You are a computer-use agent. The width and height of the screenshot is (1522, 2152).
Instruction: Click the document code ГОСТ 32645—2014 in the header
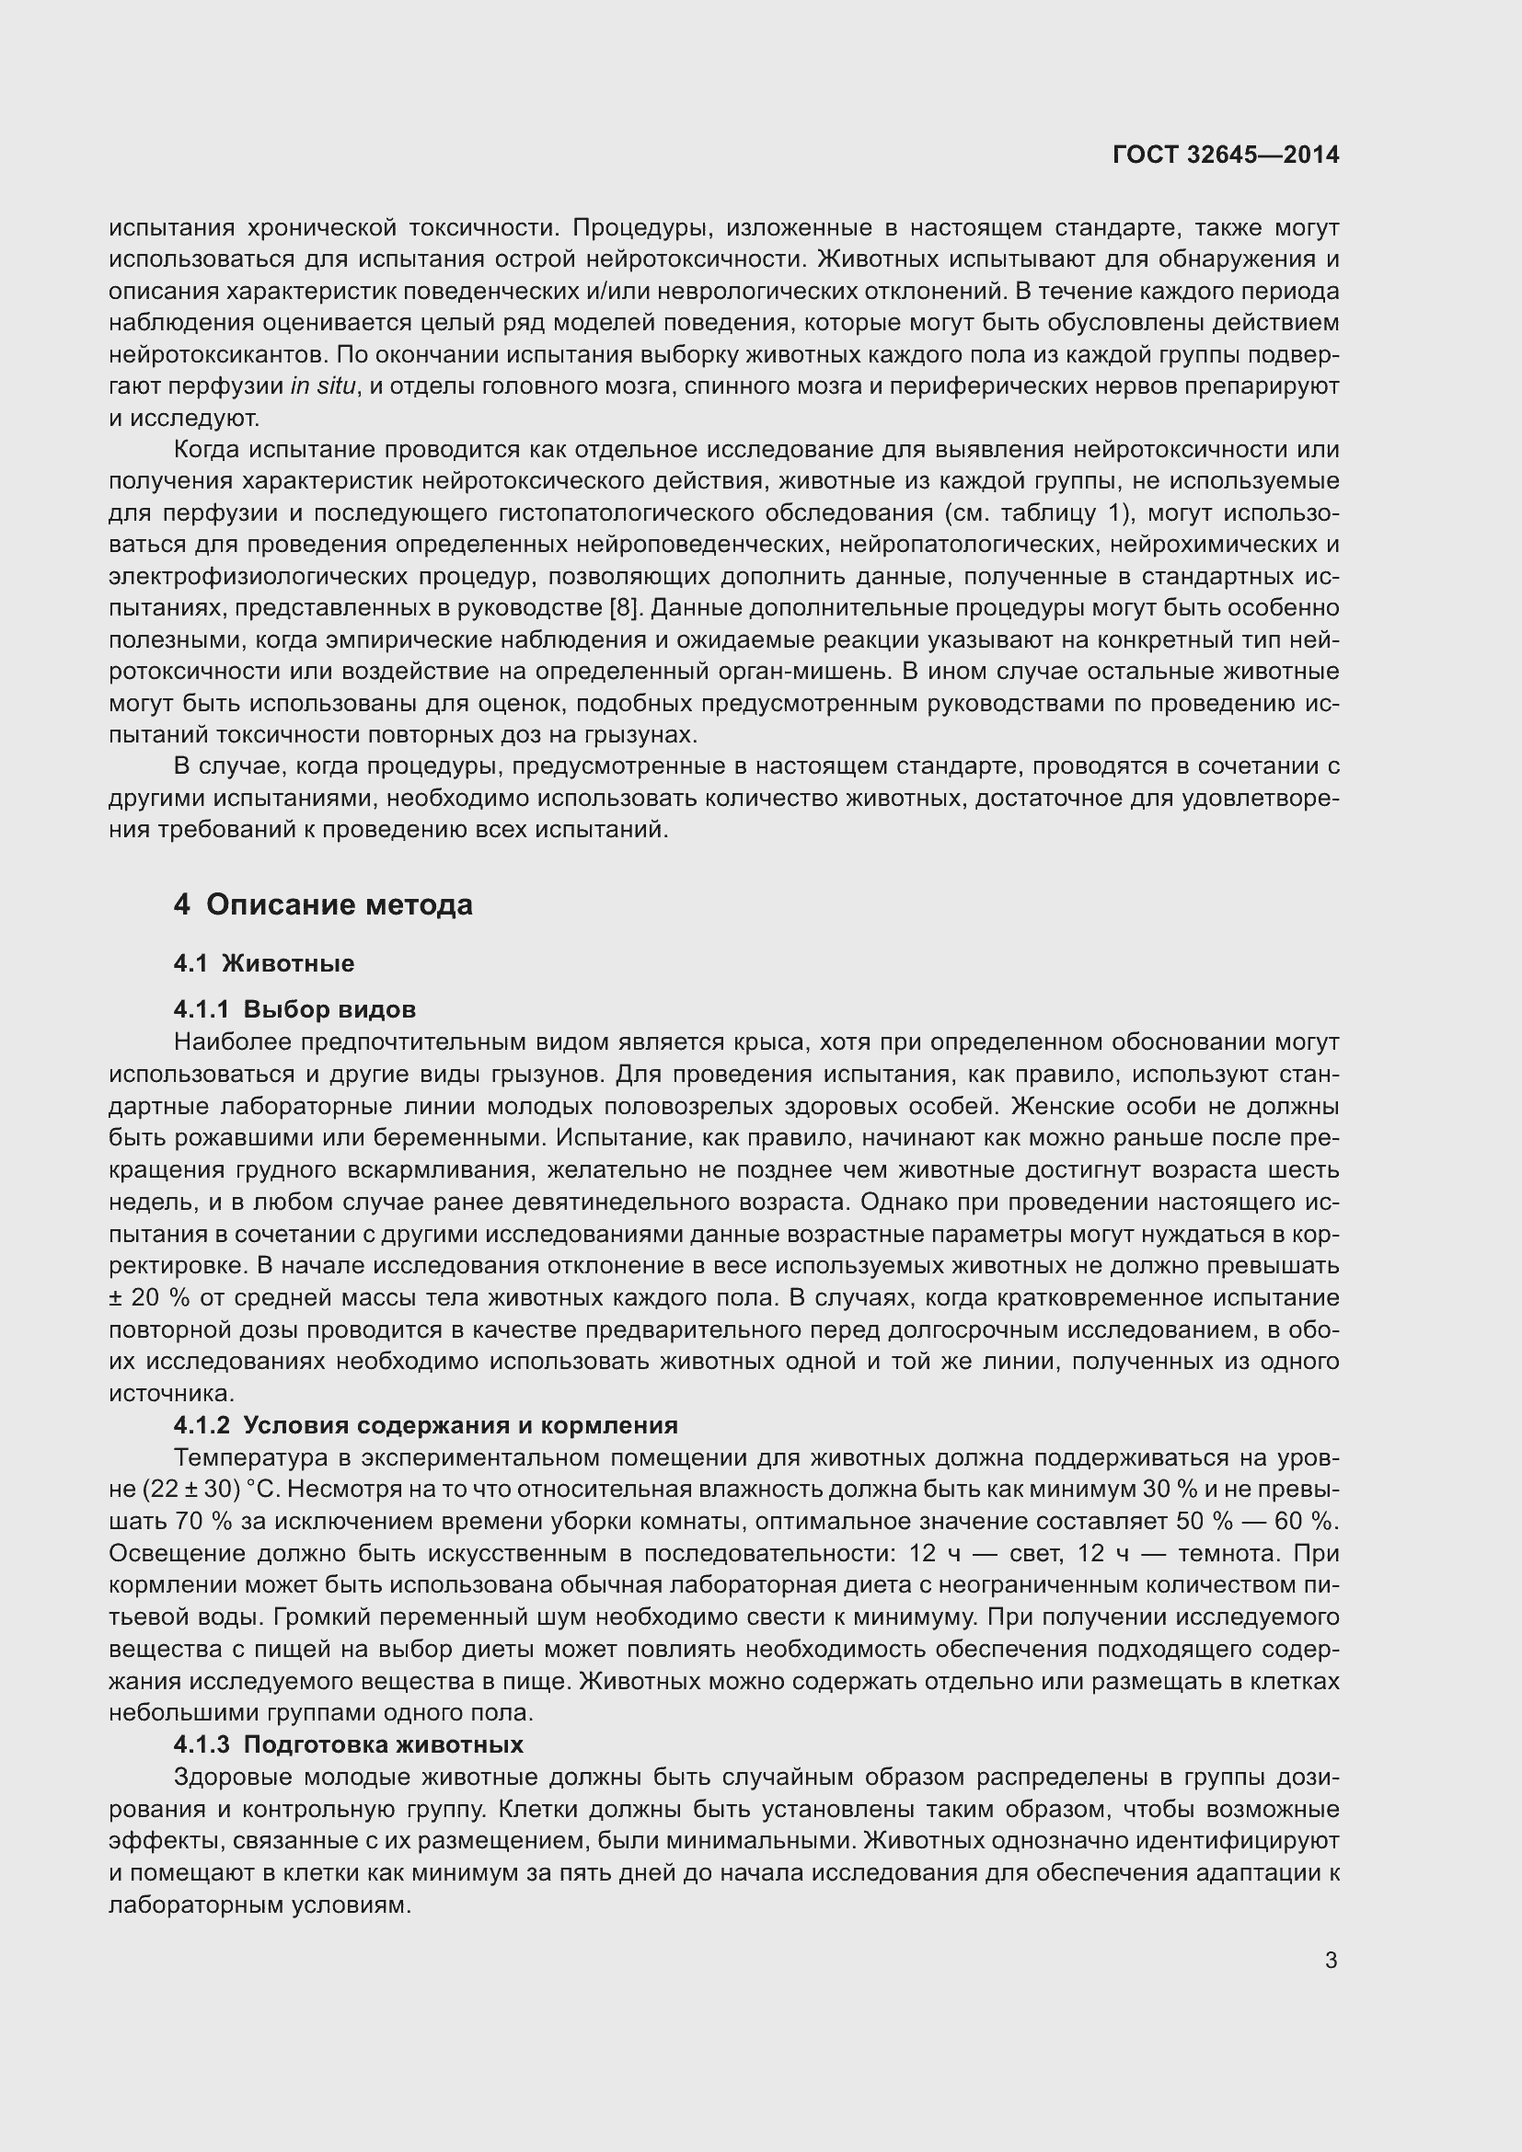[x=1226, y=155]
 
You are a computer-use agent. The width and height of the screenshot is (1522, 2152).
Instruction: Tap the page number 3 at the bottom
[x=1331, y=1960]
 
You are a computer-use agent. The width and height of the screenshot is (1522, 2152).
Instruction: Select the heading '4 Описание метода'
[x=322, y=904]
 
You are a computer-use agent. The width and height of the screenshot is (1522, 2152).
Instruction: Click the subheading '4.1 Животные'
[x=263, y=963]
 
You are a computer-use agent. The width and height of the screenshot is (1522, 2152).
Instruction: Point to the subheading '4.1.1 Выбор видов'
[x=294, y=1009]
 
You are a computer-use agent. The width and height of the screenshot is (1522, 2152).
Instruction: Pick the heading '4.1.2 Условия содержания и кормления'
[x=425, y=1425]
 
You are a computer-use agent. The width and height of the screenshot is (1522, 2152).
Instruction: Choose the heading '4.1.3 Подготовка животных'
[x=348, y=1744]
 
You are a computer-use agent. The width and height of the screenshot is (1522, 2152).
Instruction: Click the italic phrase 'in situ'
[x=323, y=386]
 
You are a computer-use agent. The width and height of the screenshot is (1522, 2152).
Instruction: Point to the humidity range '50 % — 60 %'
[x=1257, y=1521]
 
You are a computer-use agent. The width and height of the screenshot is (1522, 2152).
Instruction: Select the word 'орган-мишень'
[x=801, y=672]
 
